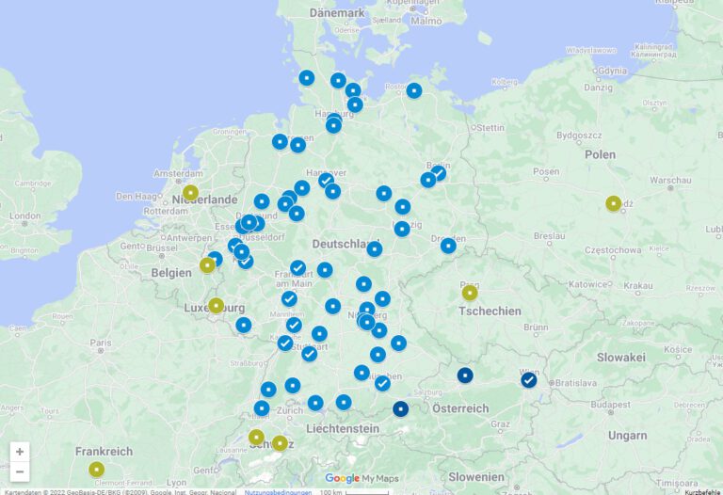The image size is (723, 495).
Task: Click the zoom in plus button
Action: click(20, 452)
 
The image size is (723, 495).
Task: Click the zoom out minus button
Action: click(20, 471)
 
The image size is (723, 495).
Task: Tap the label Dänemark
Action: click(337, 13)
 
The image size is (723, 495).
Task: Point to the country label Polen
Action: click(600, 154)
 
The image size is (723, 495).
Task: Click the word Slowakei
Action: click(621, 358)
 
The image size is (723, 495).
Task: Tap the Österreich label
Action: click(460, 408)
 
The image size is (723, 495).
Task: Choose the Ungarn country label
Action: click(627, 436)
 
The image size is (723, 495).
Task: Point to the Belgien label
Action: click(171, 272)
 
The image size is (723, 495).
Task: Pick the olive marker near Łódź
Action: click(614, 202)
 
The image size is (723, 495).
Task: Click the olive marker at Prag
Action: click(470, 293)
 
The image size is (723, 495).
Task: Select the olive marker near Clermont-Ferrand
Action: click(96, 469)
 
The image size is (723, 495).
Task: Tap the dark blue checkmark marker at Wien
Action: click(529, 380)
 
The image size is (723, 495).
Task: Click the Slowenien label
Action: click(475, 477)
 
